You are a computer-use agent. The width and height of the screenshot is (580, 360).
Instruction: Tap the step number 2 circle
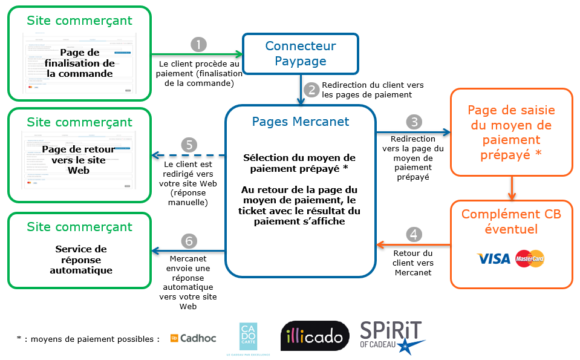(x=312, y=90)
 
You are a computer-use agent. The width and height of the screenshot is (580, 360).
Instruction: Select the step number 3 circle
(x=414, y=122)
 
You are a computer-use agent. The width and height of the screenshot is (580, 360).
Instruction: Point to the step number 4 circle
(x=413, y=234)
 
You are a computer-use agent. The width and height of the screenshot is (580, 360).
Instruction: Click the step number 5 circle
(x=189, y=145)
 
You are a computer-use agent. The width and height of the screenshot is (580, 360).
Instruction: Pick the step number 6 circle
(x=189, y=241)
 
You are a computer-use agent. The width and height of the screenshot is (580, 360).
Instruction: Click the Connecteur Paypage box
(x=301, y=54)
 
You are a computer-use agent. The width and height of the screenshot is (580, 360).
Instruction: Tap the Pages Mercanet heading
(x=301, y=121)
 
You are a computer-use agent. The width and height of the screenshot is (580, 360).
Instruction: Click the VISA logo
(x=494, y=259)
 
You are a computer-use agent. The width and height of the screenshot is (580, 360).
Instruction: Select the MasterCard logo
(x=530, y=259)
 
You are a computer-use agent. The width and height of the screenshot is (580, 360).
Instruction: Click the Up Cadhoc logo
(x=193, y=338)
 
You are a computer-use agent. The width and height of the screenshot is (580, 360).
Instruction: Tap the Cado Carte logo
(x=248, y=336)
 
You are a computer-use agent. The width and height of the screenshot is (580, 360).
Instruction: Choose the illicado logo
(x=315, y=337)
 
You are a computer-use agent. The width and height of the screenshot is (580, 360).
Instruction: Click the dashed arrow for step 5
(x=187, y=155)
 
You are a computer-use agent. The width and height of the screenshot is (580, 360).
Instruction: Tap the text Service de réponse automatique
(x=80, y=260)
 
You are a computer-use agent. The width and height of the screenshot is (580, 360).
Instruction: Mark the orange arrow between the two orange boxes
(x=511, y=187)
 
